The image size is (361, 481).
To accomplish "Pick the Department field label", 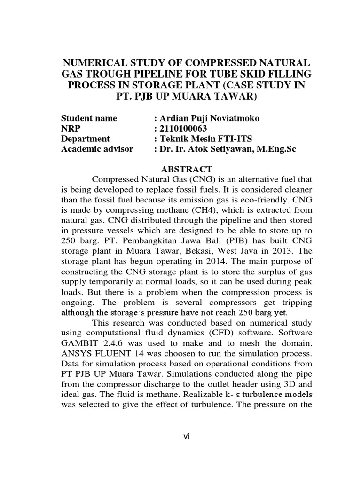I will (86, 139).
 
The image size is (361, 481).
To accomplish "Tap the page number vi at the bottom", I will (187, 436).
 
